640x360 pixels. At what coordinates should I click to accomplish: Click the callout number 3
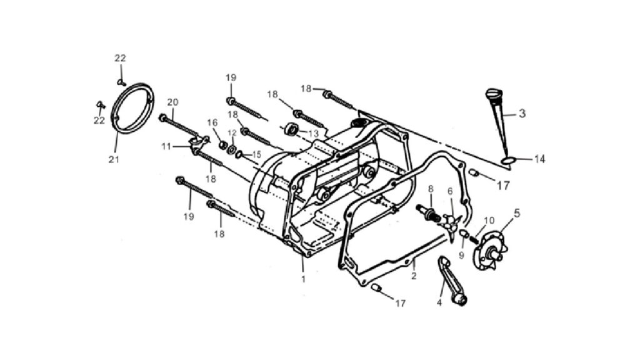(x=522, y=114)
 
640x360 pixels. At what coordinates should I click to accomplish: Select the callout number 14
(x=539, y=159)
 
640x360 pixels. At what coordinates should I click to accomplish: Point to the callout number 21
(x=114, y=159)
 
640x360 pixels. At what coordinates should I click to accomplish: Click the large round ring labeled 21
(x=116, y=122)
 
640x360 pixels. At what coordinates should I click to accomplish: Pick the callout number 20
(x=172, y=102)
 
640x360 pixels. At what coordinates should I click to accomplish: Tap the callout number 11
(x=166, y=146)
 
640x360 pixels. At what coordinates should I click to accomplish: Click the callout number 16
(x=212, y=122)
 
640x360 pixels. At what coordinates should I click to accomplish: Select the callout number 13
(x=314, y=134)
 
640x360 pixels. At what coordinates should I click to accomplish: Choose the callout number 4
(x=439, y=303)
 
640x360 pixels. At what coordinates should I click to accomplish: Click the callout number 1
(x=303, y=279)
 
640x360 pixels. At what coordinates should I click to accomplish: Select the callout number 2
(x=414, y=276)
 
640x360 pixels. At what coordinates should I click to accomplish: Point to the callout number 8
(x=430, y=189)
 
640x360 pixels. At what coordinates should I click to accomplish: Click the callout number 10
(x=489, y=221)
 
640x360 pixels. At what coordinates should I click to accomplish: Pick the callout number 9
(x=461, y=256)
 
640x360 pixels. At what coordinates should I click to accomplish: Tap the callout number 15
(x=256, y=155)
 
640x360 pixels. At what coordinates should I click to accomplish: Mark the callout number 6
(x=450, y=191)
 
